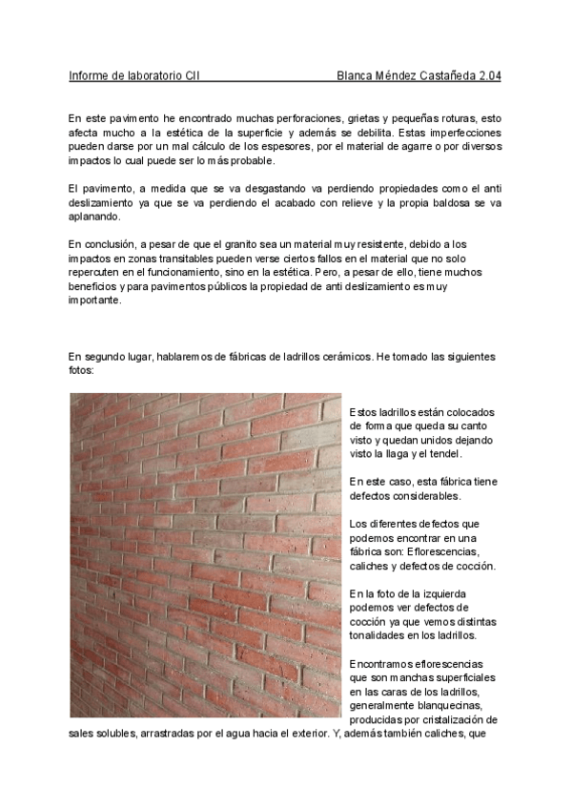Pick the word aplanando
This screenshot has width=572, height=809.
tap(94, 218)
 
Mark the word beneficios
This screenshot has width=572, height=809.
tap(96, 286)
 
